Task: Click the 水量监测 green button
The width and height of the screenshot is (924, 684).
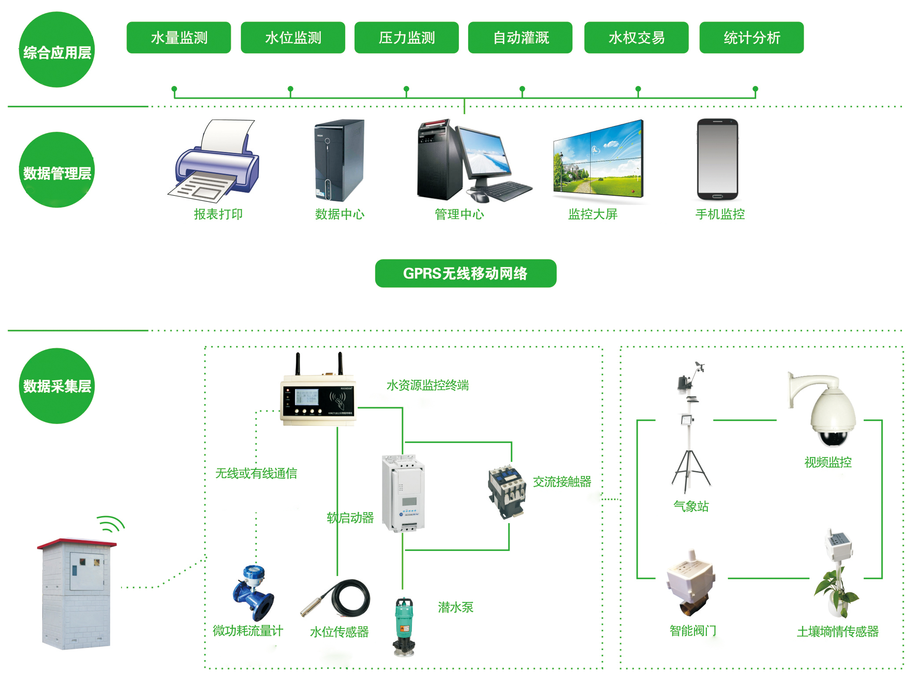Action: [178, 37]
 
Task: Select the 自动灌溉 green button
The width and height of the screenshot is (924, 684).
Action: [520, 37]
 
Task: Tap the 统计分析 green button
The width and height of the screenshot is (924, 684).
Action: [751, 37]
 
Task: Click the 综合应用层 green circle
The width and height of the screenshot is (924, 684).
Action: [57, 50]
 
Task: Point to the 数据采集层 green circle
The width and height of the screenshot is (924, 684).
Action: [57, 386]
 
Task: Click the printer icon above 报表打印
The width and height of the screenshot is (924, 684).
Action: [216, 163]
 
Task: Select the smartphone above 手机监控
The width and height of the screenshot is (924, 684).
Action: [717, 160]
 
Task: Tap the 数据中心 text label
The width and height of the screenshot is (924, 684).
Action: [340, 214]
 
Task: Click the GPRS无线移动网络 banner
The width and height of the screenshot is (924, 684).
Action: [466, 273]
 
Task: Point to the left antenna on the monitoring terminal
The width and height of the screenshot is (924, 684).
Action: [298, 364]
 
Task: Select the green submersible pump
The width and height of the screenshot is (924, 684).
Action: [404, 626]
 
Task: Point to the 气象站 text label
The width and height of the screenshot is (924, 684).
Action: [691, 506]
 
